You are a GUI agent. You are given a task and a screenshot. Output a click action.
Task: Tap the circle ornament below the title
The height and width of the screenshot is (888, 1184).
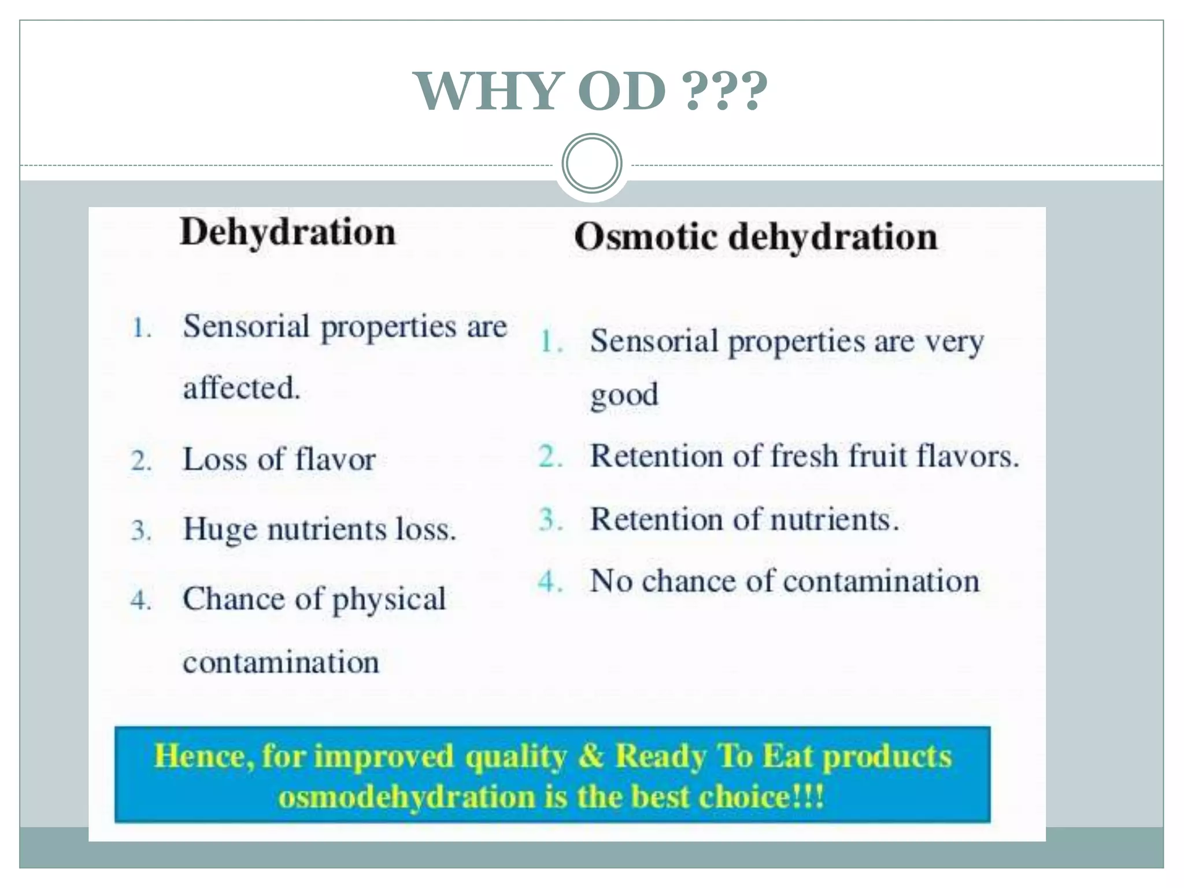[591, 164]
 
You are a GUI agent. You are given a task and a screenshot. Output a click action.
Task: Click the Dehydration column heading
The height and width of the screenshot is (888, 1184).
[288, 232]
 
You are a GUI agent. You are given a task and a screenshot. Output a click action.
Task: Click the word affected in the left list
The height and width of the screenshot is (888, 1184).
[241, 388]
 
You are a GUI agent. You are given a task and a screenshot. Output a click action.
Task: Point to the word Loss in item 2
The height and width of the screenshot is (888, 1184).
[214, 460]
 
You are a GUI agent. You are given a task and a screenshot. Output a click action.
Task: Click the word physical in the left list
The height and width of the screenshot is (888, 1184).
[388, 600]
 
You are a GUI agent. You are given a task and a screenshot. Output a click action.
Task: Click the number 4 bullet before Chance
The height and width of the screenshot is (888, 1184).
[140, 600]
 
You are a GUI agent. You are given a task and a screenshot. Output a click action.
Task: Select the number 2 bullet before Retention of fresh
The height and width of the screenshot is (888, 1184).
[550, 457]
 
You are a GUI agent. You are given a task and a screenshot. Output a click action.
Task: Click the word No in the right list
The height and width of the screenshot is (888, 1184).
[610, 581]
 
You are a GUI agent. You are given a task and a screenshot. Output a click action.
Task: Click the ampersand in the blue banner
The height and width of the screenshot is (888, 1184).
[590, 756]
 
